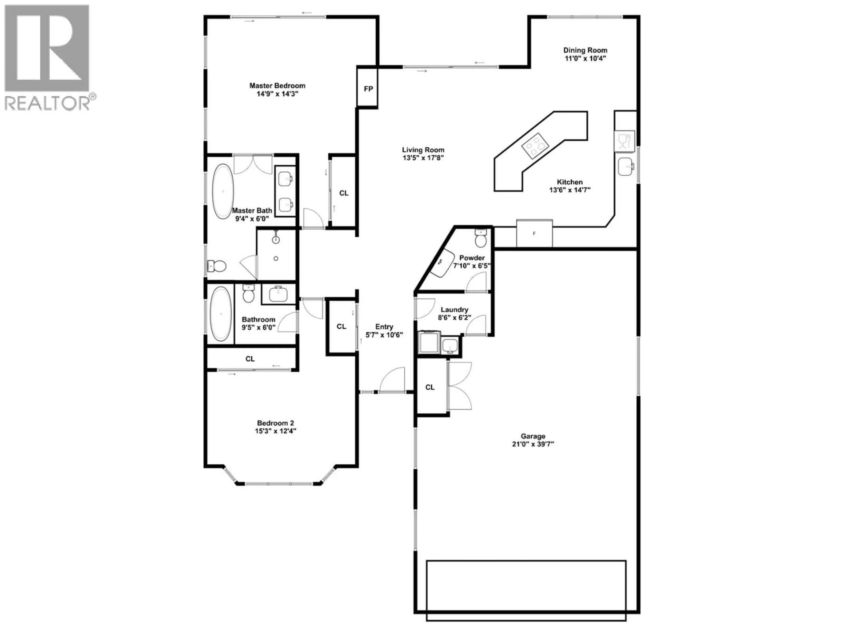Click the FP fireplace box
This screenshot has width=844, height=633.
[367, 89]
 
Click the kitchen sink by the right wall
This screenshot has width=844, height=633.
[626, 166]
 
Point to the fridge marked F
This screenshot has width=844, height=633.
[534, 233]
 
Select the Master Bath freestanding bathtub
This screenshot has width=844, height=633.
[222, 191]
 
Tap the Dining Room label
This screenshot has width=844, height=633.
[585, 50]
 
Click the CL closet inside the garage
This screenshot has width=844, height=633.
[430, 387]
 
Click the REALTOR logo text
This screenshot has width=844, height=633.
[48, 103]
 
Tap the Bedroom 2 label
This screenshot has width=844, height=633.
[275, 423]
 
